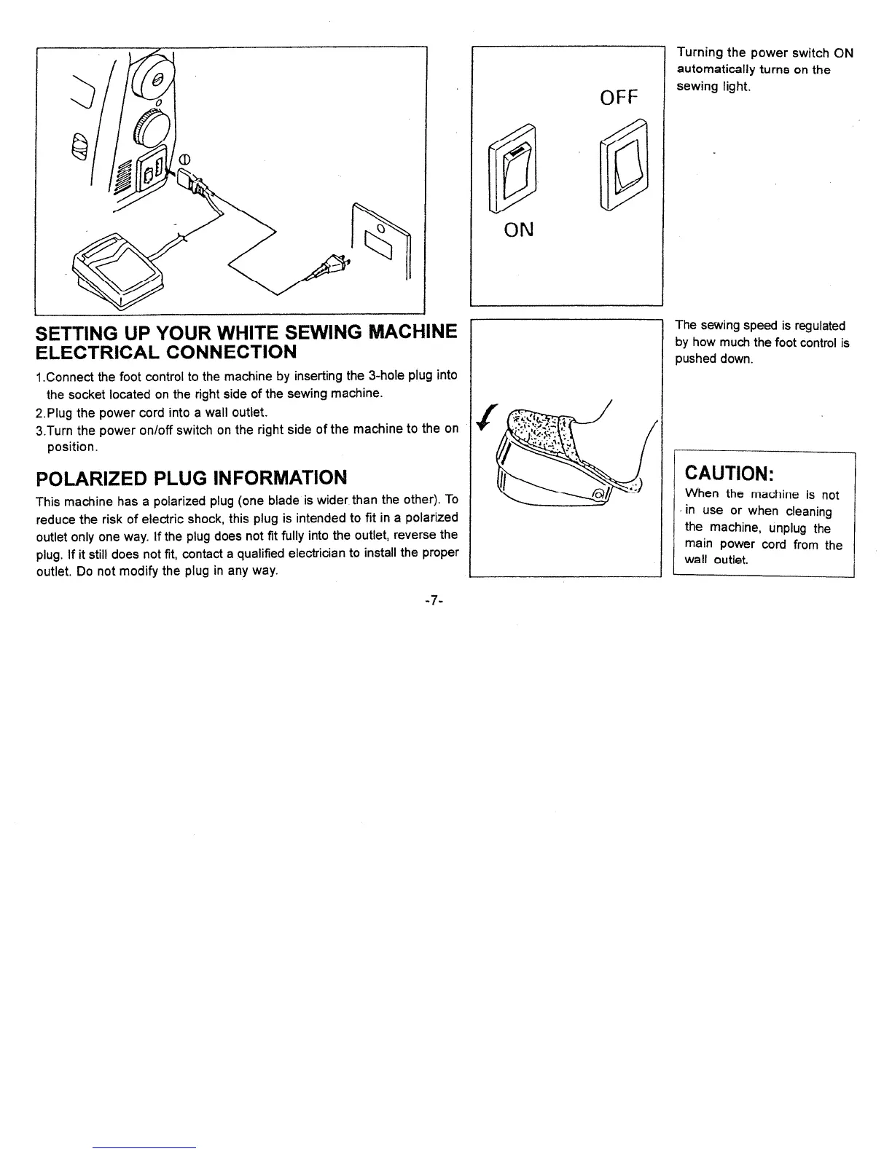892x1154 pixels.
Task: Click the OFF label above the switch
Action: (619, 96)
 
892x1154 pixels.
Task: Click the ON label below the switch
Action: (519, 229)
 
